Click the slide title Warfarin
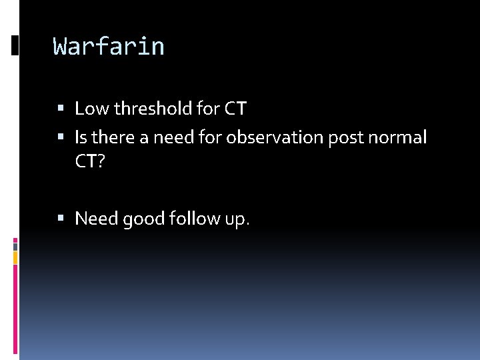(109, 47)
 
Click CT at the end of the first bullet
(235, 108)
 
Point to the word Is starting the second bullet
(81, 137)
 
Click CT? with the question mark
(91, 163)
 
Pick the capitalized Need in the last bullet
(97, 219)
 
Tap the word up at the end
(237, 219)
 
